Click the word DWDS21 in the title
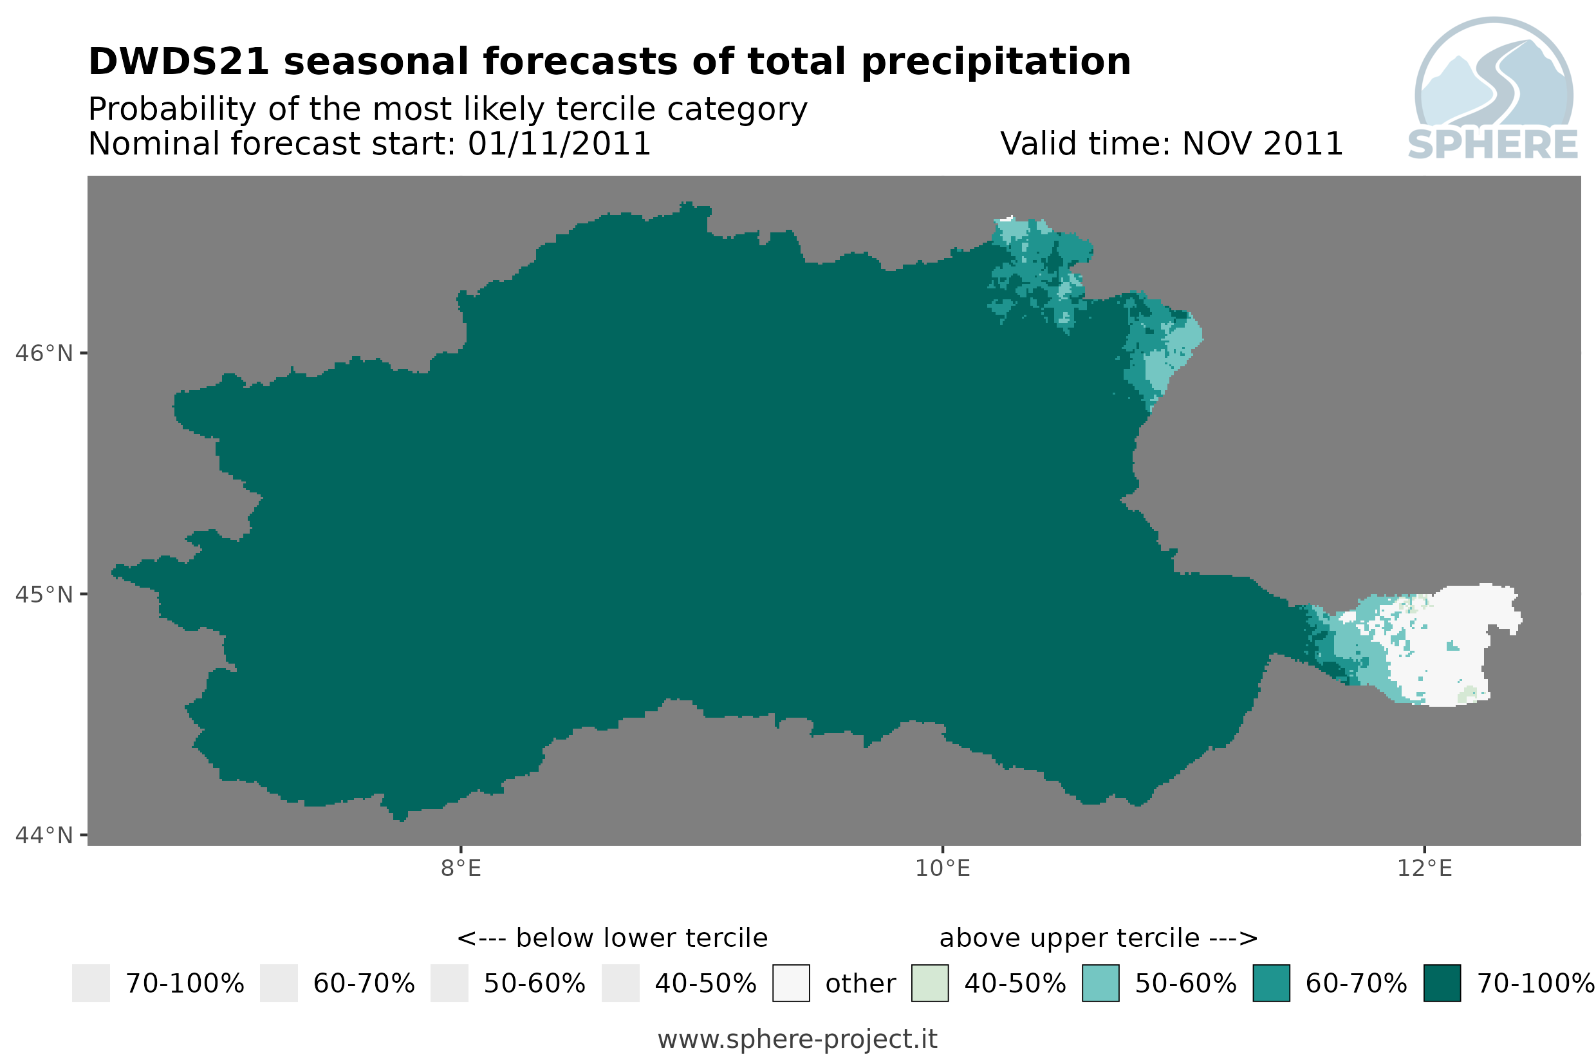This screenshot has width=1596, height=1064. click(x=180, y=61)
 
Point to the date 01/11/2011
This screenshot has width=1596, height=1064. click(x=559, y=144)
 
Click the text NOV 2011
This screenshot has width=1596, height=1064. click(x=1261, y=144)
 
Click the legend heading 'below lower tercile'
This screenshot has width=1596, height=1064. click(x=641, y=938)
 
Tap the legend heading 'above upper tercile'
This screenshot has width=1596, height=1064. click(x=1069, y=938)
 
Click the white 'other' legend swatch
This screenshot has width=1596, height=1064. click(x=791, y=984)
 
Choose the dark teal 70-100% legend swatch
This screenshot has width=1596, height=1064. click(x=1442, y=984)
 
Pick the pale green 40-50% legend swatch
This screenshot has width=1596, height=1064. click(x=930, y=984)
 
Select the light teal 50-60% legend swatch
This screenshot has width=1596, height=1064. click(x=1101, y=984)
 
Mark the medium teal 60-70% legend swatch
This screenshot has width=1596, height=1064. click(x=1271, y=984)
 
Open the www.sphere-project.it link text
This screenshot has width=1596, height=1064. click(x=797, y=1040)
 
